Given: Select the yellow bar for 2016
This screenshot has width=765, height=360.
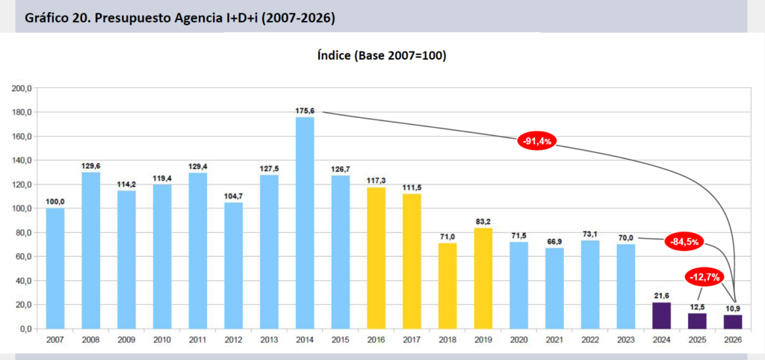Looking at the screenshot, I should (377, 258).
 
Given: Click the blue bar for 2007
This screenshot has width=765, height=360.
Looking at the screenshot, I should (55, 268).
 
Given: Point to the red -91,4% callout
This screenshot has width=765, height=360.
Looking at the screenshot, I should (537, 140).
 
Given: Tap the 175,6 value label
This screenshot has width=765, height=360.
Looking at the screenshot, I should (305, 111).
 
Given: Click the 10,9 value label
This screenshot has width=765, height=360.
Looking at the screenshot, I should (734, 308).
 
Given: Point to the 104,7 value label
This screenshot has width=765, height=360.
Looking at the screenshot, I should (234, 196).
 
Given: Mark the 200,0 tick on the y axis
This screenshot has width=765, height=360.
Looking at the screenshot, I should (21, 88).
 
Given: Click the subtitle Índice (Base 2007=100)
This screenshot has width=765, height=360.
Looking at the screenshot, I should (382, 56).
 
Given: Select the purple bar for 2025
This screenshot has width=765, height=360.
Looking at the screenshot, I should (698, 320).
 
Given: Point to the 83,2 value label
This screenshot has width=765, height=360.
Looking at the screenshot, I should (483, 221).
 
